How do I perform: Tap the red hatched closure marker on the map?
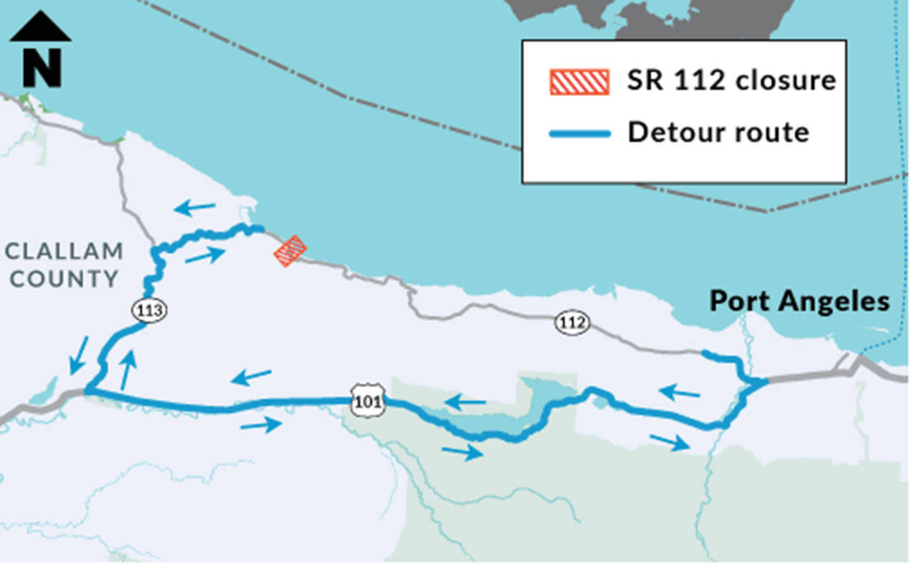pos(290,251)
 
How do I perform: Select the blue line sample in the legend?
pos(579,133)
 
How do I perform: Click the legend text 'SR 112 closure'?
pos(731,80)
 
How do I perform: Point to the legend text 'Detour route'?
pos(717,132)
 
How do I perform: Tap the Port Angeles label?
pos(799,301)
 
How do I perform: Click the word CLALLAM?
pos(64,251)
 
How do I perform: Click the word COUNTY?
pos(64,278)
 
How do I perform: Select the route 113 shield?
pos(150,310)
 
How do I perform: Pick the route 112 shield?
pos(572,323)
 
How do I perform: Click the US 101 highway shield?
pos(368,402)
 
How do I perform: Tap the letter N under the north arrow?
pos(41,67)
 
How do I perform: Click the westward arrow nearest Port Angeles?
pos(679,391)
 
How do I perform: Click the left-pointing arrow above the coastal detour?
pos(196,208)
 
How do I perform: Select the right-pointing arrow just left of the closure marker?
pos(205,256)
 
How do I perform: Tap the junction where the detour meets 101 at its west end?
pos(87,391)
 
